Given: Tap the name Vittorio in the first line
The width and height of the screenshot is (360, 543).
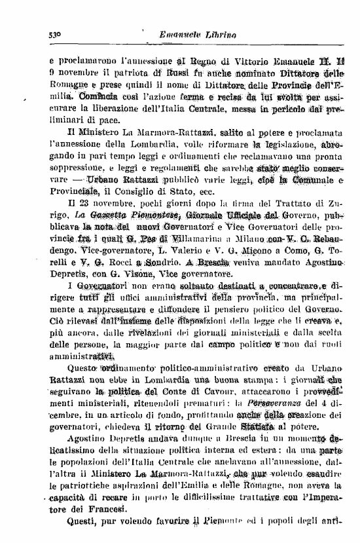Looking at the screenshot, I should [245, 62].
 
